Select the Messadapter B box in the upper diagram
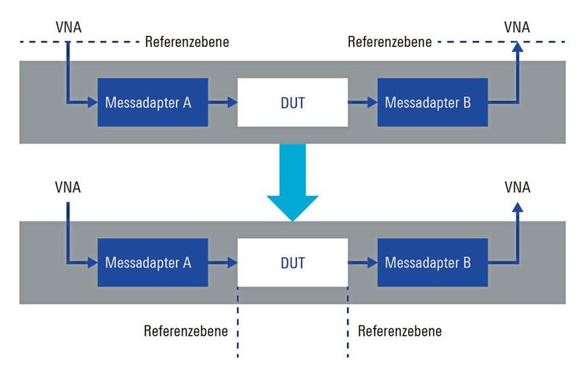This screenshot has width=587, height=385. click(432, 103)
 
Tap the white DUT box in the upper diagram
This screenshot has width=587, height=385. click(293, 103)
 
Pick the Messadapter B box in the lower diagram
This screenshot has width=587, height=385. click(432, 262)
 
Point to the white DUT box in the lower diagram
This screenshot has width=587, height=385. click(293, 262)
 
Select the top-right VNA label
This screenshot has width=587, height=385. click(517, 27)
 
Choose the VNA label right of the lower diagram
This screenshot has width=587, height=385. click(517, 187)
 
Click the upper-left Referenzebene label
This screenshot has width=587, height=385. click(187, 42)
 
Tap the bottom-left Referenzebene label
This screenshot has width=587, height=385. click(186, 331)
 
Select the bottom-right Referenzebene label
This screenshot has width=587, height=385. click(400, 331)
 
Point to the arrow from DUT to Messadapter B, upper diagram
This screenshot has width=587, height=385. click(362, 103)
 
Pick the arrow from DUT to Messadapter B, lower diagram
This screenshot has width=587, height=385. click(362, 262)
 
